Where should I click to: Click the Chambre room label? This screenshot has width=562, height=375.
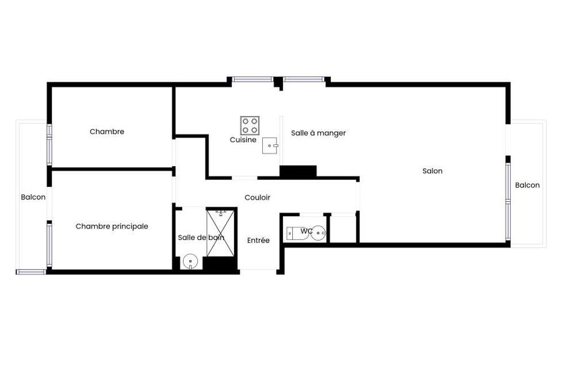(x=107, y=132)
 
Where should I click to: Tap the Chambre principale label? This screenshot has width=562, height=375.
(x=112, y=226)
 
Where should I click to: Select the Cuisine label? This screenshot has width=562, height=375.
(x=243, y=140)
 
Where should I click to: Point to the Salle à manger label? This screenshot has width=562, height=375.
(x=318, y=133)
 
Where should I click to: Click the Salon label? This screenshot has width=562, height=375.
(x=432, y=171)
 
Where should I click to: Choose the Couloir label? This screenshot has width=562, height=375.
(x=257, y=197)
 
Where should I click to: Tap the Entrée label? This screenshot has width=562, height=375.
(x=259, y=241)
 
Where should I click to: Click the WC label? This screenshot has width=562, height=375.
(x=307, y=231)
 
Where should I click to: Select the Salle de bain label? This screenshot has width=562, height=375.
(x=201, y=237)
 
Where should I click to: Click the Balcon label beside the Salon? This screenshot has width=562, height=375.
(x=527, y=185)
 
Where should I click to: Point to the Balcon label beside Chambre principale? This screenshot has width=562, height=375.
(x=33, y=197)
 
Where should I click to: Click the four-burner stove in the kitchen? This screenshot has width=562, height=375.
(x=250, y=126)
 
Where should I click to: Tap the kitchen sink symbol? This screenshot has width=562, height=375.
(x=270, y=146)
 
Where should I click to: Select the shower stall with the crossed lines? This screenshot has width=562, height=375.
(x=220, y=233)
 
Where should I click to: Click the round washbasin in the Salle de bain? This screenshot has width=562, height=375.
(x=190, y=262)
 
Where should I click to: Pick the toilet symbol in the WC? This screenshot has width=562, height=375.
(x=297, y=233)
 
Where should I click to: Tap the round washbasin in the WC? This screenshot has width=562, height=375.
(x=318, y=233)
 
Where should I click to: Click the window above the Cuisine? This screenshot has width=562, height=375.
(x=253, y=79)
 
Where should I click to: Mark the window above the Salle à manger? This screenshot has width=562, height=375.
(x=304, y=79)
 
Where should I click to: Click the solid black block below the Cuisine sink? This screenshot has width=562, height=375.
(x=298, y=171)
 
